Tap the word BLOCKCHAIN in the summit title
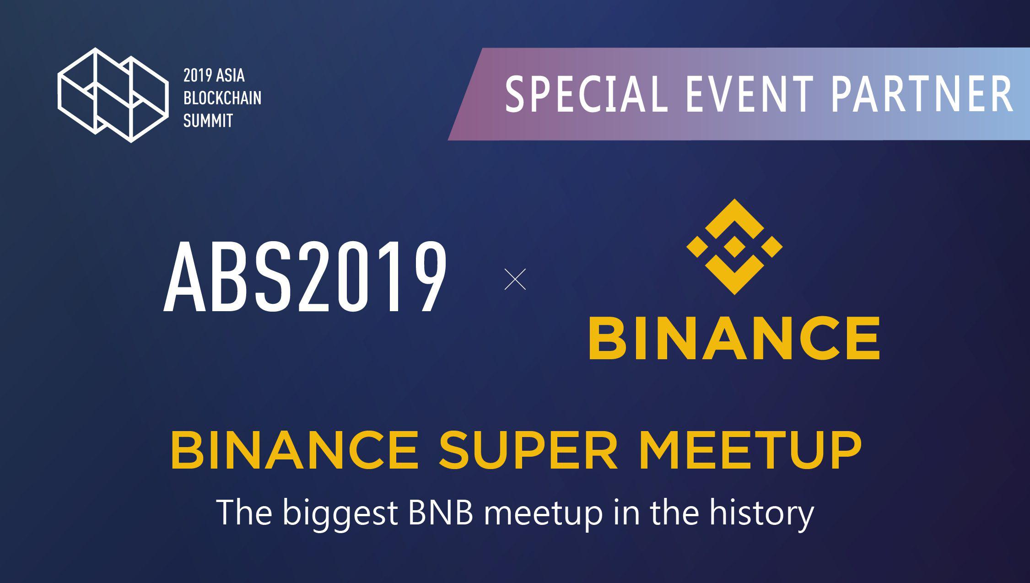[x=222, y=98]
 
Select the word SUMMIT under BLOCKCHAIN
[x=208, y=120]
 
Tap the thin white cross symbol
[x=515, y=279]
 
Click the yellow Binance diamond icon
[x=734, y=247]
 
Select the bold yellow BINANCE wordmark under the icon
[x=734, y=338]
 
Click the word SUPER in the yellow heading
[x=528, y=450]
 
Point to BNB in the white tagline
[x=441, y=513]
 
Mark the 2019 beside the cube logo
[x=198, y=75]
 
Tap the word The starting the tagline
[x=244, y=513]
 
